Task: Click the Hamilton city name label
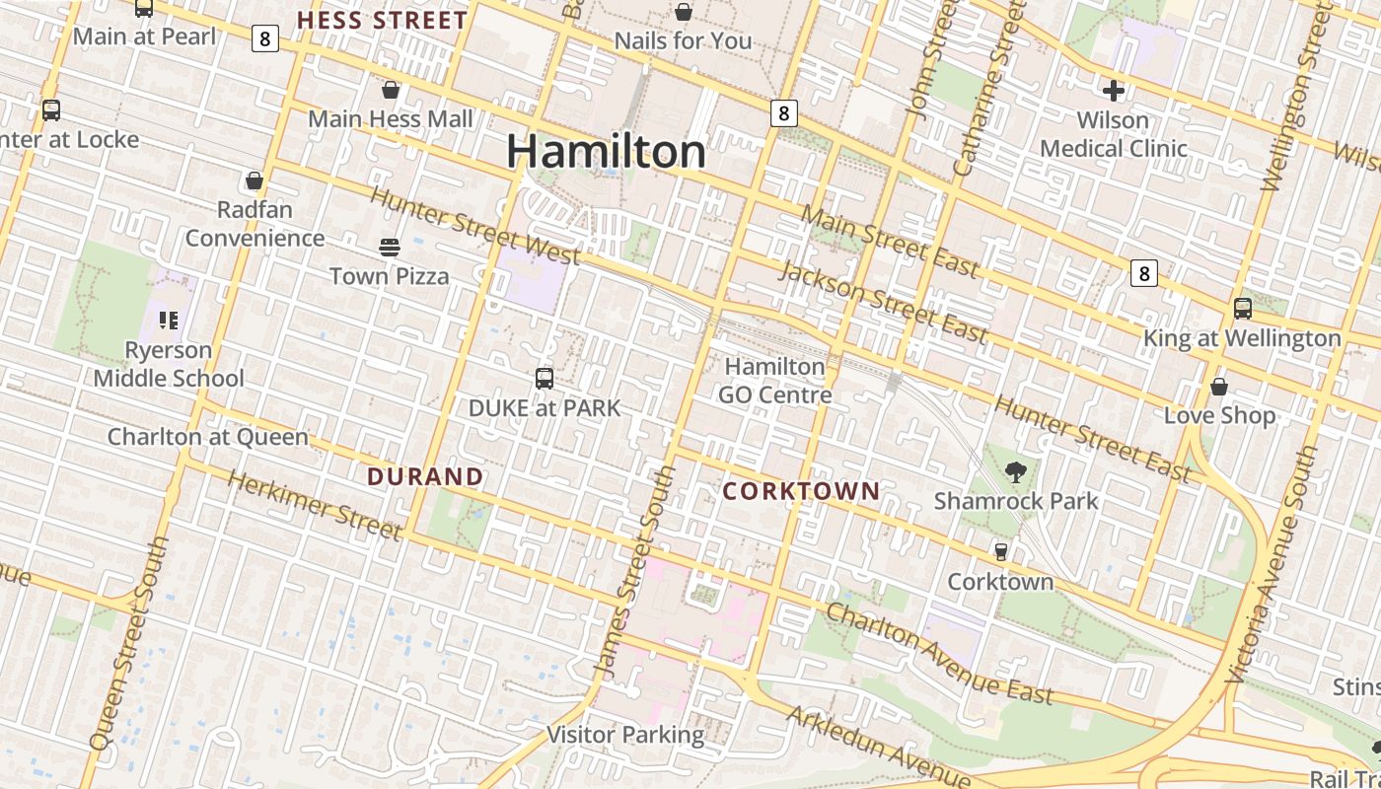tap(607, 152)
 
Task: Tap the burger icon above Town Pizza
tap(390, 247)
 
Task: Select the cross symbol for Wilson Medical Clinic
tap(1114, 92)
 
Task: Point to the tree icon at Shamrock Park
tap(1016, 472)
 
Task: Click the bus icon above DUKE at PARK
tap(544, 378)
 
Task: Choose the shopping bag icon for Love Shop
tap(1219, 387)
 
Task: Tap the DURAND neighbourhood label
tap(425, 477)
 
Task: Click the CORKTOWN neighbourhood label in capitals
tap(801, 491)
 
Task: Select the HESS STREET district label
tap(382, 21)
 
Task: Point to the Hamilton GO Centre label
tap(774, 381)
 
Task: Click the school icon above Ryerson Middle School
tap(169, 321)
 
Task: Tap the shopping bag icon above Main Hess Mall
tap(391, 91)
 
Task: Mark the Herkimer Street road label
tap(315, 506)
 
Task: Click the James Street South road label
tap(636, 572)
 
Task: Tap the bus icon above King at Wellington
tap(1243, 309)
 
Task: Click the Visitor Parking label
tap(625, 735)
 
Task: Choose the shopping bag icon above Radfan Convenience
tap(254, 181)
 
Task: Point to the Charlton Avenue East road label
tap(939, 654)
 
